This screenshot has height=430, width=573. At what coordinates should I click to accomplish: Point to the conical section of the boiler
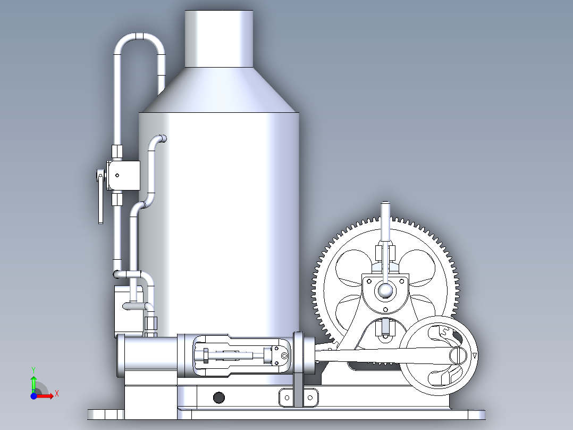pos(218,90)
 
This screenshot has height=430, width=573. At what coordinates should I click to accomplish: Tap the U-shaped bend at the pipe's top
pos(139,38)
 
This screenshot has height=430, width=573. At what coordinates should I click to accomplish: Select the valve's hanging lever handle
pos(100,200)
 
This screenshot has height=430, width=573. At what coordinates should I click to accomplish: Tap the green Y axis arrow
pos(33,382)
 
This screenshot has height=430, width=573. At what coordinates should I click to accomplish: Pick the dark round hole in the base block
pos(218,397)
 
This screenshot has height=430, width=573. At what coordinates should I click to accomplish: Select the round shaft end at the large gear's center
pos(384,290)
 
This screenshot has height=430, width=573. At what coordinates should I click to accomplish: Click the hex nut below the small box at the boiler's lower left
pos(151,322)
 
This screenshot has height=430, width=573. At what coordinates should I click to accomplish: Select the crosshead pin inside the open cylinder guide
pos(284,355)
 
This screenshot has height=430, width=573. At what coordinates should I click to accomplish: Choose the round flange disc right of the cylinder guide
pos(298,355)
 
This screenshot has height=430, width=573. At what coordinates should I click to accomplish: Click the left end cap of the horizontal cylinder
pos(121,355)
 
